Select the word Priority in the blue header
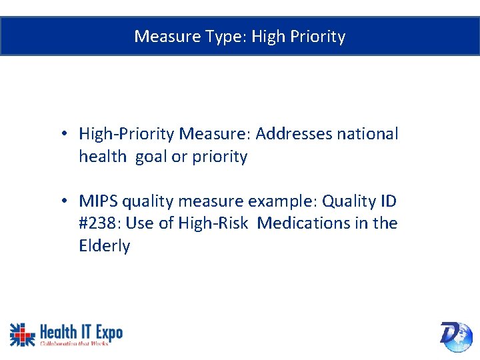[x=318, y=36]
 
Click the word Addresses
[x=293, y=134]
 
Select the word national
[x=367, y=134]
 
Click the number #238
[x=99, y=223]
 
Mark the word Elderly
[x=105, y=246]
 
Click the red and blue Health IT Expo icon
[x=22, y=334]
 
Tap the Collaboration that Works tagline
[x=74, y=343]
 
